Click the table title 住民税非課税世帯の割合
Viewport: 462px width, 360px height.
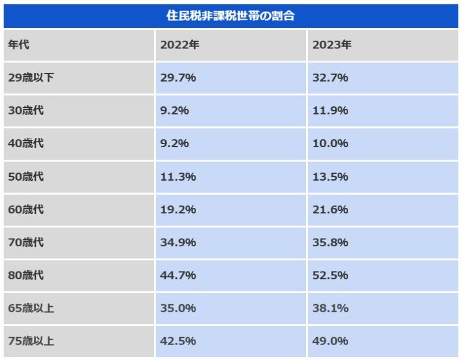click(x=231, y=16)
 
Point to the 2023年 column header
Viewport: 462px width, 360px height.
click(x=332, y=45)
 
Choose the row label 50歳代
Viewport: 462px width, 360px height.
click(x=26, y=177)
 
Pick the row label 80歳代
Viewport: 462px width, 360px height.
click(x=26, y=275)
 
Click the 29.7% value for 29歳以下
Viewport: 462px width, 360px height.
click(x=178, y=78)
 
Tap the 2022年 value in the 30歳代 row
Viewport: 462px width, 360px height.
click(x=174, y=111)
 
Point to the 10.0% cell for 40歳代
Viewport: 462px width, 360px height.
click(x=330, y=144)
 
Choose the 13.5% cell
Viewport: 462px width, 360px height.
click(x=330, y=177)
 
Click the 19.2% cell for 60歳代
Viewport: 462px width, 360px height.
click(x=178, y=210)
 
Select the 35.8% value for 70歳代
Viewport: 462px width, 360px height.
click(x=330, y=242)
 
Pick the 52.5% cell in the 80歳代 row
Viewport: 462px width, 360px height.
click(x=330, y=275)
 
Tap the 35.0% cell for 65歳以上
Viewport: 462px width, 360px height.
click(x=178, y=308)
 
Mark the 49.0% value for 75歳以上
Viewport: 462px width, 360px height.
click(x=330, y=341)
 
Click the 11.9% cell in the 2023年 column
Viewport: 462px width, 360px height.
click(x=330, y=111)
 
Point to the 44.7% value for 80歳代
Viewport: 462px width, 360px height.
click(x=178, y=275)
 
